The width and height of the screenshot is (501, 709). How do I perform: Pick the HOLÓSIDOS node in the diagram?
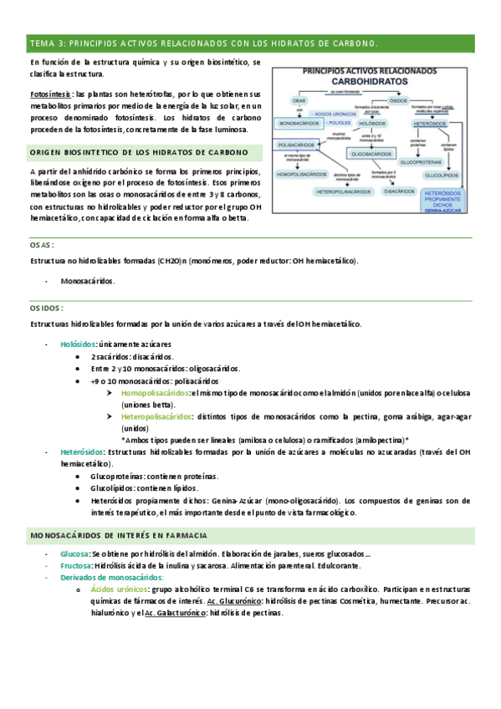tap(372, 123)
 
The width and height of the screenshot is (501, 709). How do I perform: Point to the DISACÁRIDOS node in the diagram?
tap(400, 191)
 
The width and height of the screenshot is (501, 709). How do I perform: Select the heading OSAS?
tap(41, 246)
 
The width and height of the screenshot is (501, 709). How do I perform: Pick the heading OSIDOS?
tap(47, 308)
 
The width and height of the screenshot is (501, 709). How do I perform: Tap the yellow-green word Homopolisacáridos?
tap(155, 392)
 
